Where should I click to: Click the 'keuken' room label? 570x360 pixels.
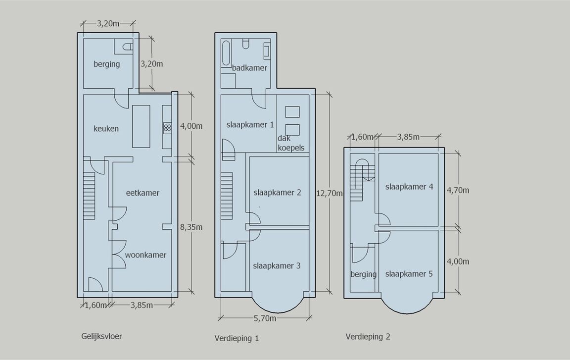coord(106,129)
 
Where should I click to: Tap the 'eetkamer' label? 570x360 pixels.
coord(142,193)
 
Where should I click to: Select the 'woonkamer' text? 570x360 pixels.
coord(145,255)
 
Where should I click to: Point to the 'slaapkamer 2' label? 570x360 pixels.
coord(277,193)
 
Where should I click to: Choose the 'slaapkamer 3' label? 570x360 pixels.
coord(277,265)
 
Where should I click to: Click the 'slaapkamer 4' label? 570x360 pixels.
coord(409,187)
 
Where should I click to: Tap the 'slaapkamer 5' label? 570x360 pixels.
coord(409,273)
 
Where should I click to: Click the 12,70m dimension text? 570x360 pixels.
coord(329,193)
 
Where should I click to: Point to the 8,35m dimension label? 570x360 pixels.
coord(191,227)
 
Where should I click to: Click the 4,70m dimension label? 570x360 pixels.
coord(458,190)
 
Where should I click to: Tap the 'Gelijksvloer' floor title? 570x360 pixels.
coord(101,336)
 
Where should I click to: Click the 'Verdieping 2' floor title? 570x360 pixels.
coord(368,337)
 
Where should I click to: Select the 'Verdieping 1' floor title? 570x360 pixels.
coord(237,338)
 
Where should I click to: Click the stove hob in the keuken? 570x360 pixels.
coord(167,128)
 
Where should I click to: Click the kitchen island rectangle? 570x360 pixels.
coord(141,126)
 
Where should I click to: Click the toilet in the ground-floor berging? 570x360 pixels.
coord(126,47)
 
